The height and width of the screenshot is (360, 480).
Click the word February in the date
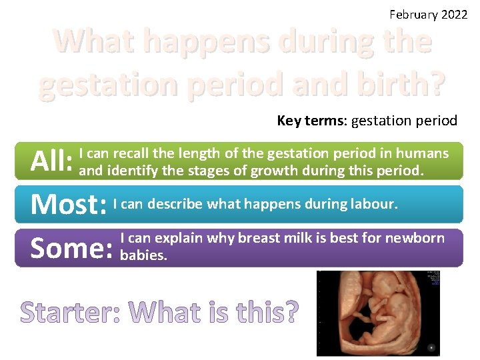[x=413, y=15]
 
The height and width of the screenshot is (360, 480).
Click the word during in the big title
[x=326, y=42]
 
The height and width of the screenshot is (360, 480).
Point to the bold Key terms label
[x=311, y=121]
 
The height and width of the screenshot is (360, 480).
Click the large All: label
[x=52, y=161]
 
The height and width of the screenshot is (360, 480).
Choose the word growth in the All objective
[x=274, y=171]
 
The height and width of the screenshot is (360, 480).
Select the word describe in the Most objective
[x=175, y=203]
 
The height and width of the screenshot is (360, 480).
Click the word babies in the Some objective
[x=142, y=255]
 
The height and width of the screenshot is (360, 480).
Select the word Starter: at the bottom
[x=70, y=312]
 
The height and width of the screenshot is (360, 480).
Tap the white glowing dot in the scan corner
[x=432, y=347]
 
